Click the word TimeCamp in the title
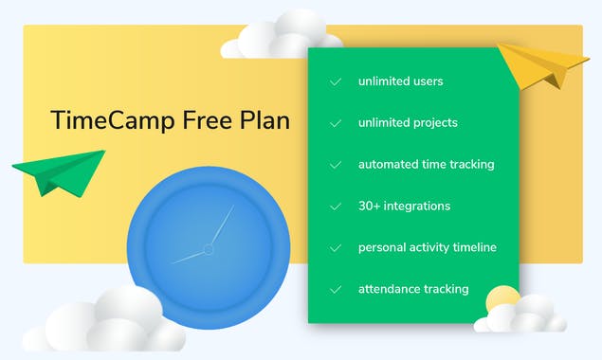click(x=102, y=121)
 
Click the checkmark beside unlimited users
click(x=336, y=81)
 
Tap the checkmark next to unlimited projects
click(x=336, y=123)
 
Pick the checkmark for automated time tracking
click(x=336, y=165)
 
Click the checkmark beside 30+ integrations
click(x=336, y=206)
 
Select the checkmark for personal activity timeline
click(x=336, y=247)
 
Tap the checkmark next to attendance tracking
click(x=336, y=289)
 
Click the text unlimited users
click(x=400, y=81)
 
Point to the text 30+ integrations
click(x=404, y=206)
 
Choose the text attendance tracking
click(x=412, y=289)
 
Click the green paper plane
click(x=59, y=172)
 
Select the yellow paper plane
click(x=543, y=63)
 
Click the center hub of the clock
click(x=208, y=248)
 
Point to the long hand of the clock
click(x=222, y=225)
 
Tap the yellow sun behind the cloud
click(x=502, y=299)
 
